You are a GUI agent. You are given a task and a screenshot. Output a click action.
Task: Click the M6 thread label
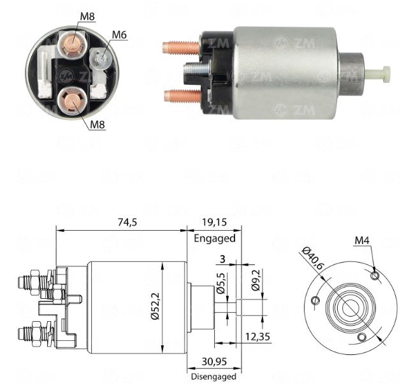[119, 34]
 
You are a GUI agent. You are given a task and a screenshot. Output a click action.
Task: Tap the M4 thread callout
[362, 241]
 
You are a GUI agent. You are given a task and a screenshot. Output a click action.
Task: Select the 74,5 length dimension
[127, 222]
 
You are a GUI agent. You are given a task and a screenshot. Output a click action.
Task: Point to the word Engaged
[215, 238]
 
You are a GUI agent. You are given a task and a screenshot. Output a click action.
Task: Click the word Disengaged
[214, 377]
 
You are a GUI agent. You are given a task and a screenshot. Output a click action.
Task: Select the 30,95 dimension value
[214, 361]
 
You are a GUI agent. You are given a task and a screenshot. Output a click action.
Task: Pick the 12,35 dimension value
[257, 336]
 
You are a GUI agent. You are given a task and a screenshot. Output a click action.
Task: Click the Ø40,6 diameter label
[312, 258]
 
